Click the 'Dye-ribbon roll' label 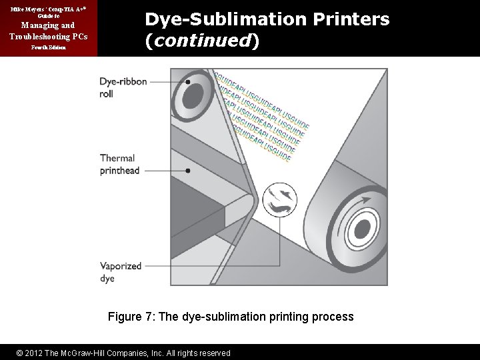click(117, 87)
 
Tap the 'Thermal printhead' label click(117, 164)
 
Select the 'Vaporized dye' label click(121, 271)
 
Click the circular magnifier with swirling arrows click(280, 201)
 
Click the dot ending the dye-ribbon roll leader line click(189, 83)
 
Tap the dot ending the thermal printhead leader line click(189, 171)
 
